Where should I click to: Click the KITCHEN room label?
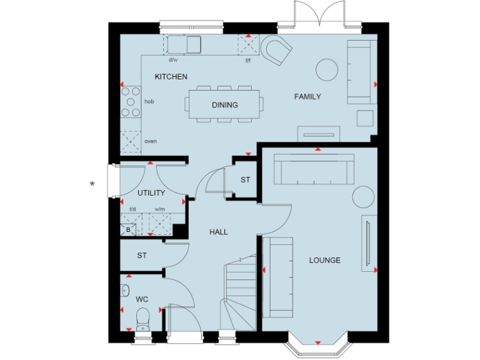171,77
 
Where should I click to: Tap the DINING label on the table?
224,105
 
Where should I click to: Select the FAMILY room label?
307,97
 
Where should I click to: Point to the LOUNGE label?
325,260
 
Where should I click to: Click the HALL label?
218,232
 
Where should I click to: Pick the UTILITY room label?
151,193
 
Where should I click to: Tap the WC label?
142,299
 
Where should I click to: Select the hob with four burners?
131,101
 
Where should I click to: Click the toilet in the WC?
142,317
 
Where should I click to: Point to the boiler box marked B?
128,229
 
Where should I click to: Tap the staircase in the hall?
239,294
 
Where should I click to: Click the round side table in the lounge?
362,196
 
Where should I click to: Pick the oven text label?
151,141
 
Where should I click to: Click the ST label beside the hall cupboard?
246,180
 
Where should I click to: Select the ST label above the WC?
142,256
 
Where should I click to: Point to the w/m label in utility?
159,209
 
